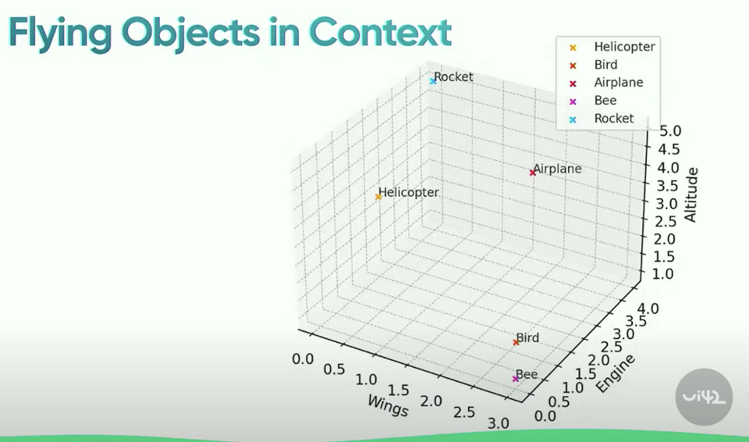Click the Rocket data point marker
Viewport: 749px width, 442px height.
point(432,81)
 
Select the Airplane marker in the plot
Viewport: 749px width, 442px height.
point(533,173)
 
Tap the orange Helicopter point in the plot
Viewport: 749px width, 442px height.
point(378,197)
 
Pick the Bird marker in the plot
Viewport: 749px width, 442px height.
point(516,342)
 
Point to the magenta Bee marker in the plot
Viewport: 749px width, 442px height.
point(516,379)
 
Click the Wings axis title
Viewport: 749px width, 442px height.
point(387,403)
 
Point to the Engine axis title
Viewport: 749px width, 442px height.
point(616,374)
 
